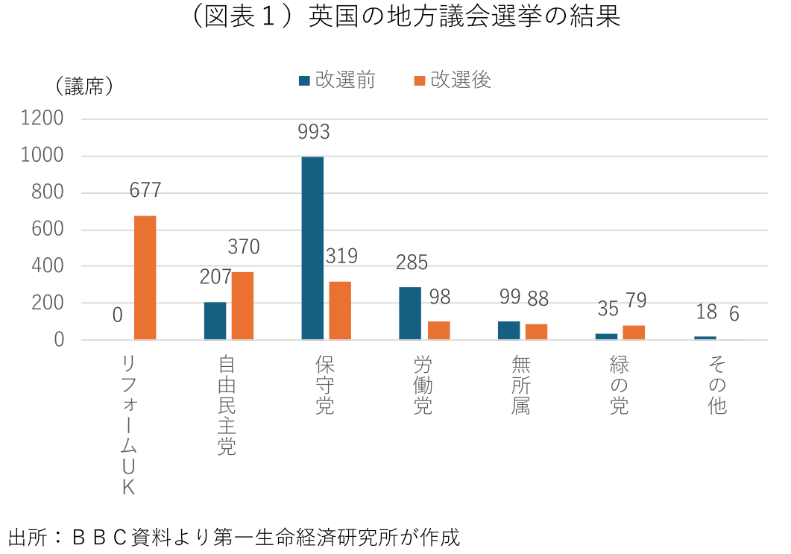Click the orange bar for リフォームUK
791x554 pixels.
point(145,277)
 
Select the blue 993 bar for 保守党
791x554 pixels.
point(312,248)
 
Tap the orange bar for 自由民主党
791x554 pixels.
point(242,306)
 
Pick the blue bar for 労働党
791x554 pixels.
point(410,313)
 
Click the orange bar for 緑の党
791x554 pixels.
point(634,333)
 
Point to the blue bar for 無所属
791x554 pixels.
point(508,330)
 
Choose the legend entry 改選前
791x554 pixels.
point(336,80)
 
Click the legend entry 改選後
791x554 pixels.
point(453,80)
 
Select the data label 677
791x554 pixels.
point(145,191)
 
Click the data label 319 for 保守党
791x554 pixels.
point(341,256)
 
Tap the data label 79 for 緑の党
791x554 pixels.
point(636,301)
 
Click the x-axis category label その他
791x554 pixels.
point(716,384)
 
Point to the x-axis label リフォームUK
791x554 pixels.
point(129,424)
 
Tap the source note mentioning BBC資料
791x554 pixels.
point(234,536)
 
